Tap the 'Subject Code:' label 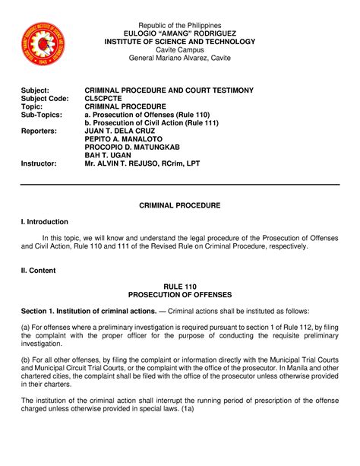[45, 99]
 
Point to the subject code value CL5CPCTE [106, 99]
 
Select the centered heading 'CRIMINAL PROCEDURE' [179, 206]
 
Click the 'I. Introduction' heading [45, 222]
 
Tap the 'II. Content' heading [40, 270]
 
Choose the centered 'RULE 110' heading [179, 286]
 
